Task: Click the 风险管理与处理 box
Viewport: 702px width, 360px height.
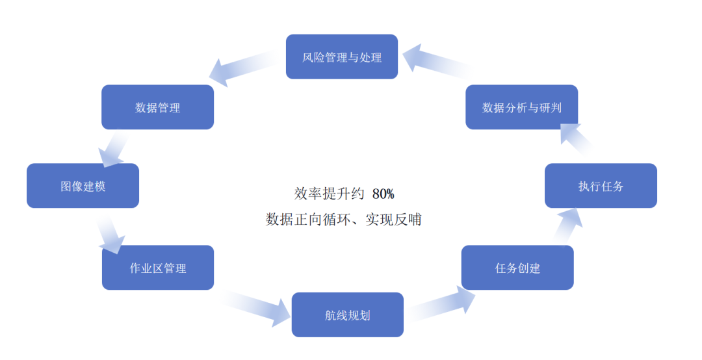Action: (342, 57)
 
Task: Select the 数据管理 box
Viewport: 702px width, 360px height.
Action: (157, 107)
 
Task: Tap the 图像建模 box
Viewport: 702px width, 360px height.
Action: (83, 186)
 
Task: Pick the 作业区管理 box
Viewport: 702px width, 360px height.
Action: (158, 268)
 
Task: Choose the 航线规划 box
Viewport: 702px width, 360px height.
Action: (347, 315)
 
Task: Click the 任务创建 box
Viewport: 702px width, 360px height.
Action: (517, 268)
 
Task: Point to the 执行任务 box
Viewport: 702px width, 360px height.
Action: (601, 186)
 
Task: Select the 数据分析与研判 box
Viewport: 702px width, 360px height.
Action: (521, 107)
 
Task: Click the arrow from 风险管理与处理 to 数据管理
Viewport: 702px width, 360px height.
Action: (244, 68)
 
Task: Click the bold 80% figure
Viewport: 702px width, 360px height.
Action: (383, 194)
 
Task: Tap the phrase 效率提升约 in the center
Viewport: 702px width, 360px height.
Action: (330, 194)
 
